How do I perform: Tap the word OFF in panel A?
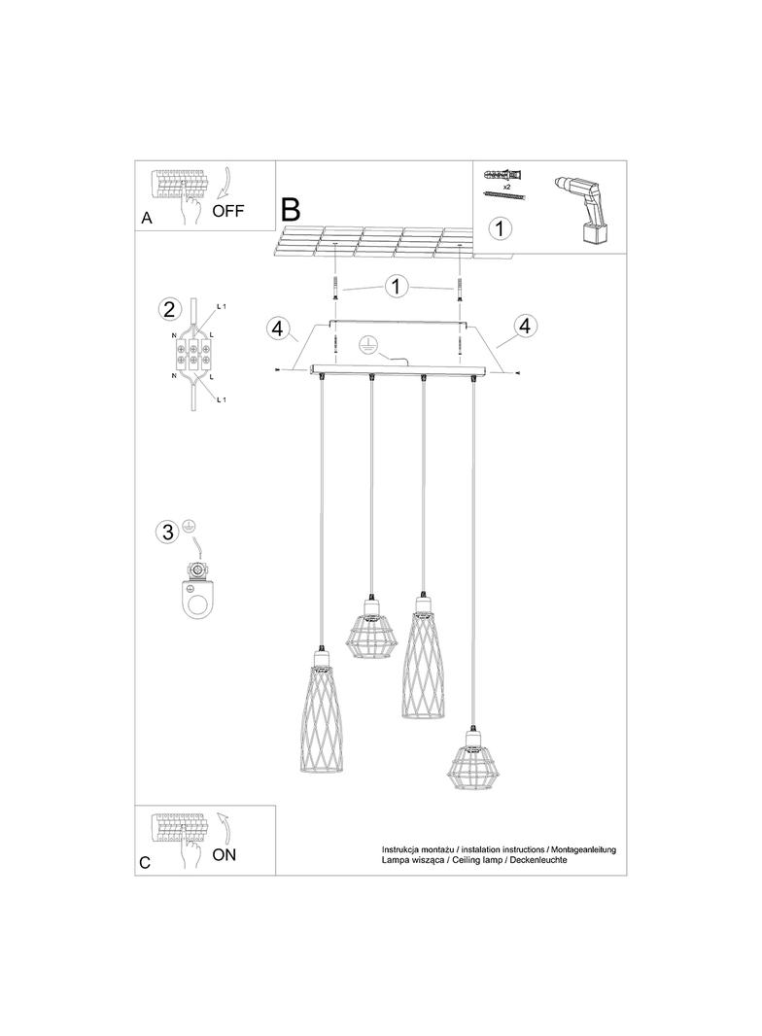coord(228,210)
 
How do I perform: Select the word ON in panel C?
coord(224,855)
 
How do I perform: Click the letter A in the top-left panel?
coord(147,219)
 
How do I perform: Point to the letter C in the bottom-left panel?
coord(146,862)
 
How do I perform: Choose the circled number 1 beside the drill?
coord(499,229)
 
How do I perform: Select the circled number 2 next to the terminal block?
coord(169,310)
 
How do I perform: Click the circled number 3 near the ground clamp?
coord(168,532)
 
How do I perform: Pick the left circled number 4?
coord(279,329)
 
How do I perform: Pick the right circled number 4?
coord(526,325)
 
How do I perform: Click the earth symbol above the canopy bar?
coord(368,343)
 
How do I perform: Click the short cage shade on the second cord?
coord(370,633)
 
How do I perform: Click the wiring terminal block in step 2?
coord(194,351)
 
